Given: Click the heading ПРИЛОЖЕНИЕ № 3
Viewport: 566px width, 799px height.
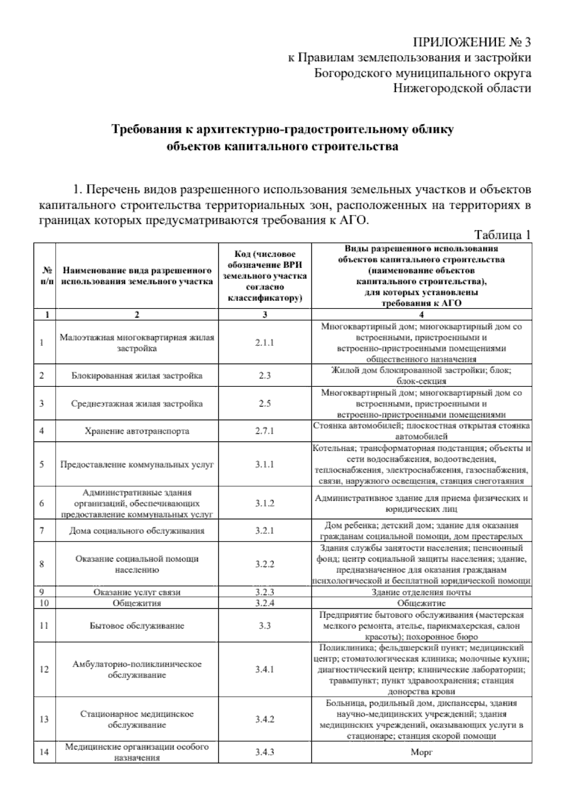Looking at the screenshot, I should [472, 43].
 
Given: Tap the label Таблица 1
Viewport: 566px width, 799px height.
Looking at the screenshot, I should [502, 235].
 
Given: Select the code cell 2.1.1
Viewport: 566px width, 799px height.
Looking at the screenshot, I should [265, 343].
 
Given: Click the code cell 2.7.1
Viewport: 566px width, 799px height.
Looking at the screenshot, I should [265, 431].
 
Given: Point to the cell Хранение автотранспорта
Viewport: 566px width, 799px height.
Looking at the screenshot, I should [137, 431].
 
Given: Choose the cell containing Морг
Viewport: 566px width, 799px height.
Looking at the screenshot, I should [422, 752].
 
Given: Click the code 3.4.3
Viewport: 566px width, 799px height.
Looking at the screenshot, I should [265, 752].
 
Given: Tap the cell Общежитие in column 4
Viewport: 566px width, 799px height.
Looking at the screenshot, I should [422, 603].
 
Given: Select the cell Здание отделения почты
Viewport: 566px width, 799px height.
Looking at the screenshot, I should [422, 592].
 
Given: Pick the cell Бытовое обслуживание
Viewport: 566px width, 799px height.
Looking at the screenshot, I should [137, 626].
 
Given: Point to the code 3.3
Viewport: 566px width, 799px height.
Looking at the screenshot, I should [265, 626].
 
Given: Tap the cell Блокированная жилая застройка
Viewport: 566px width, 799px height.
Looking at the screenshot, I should [137, 375].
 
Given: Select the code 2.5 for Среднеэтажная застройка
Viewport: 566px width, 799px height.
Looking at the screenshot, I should [265, 404].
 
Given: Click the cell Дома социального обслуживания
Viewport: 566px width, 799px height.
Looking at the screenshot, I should [137, 531].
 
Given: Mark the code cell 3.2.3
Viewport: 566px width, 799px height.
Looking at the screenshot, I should [265, 592].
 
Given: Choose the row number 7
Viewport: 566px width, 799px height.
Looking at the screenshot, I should [42, 531].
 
